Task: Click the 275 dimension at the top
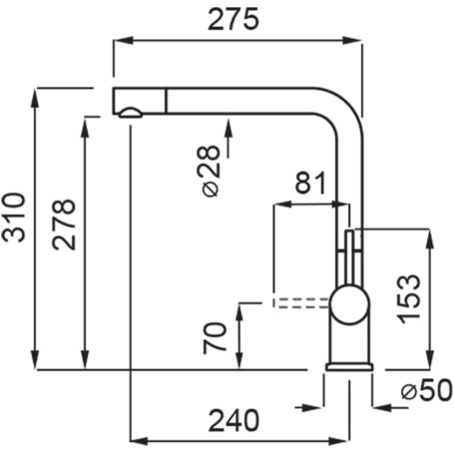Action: (x=235, y=18)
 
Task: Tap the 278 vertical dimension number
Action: (x=64, y=226)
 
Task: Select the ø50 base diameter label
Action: (x=419, y=392)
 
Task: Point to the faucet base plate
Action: (x=349, y=367)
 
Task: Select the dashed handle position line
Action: (x=299, y=299)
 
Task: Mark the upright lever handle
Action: (x=348, y=254)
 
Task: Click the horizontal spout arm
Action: (x=239, y=100)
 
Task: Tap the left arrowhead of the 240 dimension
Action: (x=138, y=439)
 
